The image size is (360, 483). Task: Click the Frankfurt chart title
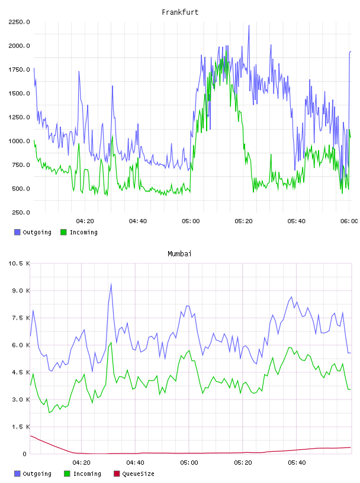pos(180,12)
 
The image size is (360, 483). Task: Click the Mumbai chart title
pos(179,254)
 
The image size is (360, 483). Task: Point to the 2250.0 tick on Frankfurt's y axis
pos(19,22)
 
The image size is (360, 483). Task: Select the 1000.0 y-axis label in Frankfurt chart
pos(19,141)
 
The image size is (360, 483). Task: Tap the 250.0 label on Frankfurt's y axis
pos(21,212)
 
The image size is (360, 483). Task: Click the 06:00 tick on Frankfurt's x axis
pos(349,221)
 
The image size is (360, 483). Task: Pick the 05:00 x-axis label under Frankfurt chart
pos(191,221)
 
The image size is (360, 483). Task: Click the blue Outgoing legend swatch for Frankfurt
pos(17,232)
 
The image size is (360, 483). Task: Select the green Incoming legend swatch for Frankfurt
pos(63,232)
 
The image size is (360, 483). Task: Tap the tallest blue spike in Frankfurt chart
pos(249,26)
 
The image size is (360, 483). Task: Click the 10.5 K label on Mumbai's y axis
pos(19,263)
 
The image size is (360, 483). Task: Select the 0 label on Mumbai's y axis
pos(25,454)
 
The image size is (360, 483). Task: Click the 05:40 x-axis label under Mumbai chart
pos(297,463)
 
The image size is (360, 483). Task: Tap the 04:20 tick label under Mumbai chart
pos(81,463)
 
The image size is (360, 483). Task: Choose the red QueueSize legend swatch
pos(117,474)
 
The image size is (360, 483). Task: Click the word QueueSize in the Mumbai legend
pos(138,474)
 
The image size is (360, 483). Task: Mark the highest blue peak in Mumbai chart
pos(111,284)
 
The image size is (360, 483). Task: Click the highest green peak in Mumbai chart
pos(111,343)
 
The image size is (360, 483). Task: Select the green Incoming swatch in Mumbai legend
pos(67,474)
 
